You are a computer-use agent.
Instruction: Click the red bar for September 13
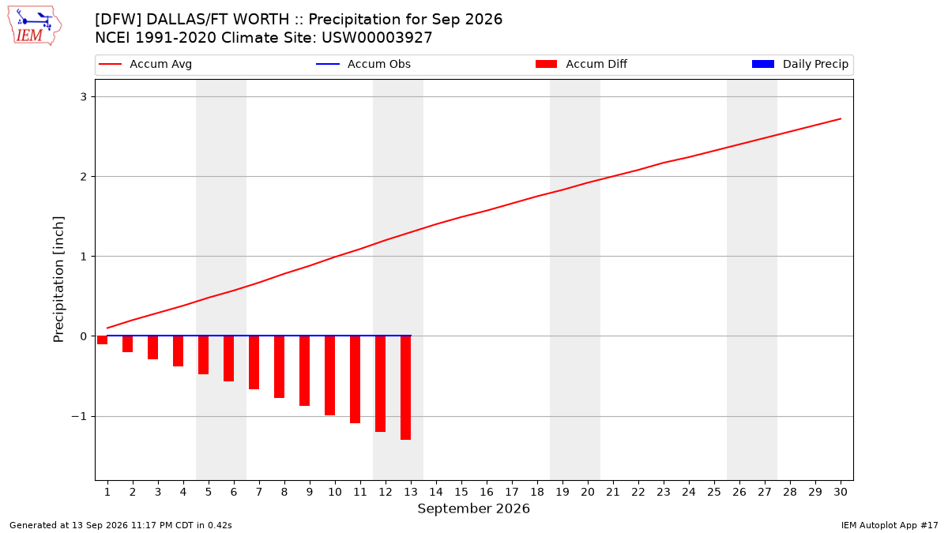click(405, 388)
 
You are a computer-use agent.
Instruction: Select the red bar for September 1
click(102, 340)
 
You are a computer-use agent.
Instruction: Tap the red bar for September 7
click(254, 362)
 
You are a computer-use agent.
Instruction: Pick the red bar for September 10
click(329, 376)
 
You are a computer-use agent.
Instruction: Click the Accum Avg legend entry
click(145, 64)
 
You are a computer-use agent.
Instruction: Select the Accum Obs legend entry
click(363, 64)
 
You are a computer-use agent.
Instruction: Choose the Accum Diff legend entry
click(581, 64)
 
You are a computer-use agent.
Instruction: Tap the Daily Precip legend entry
click(799, 64)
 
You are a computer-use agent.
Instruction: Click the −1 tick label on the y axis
click(79, 417)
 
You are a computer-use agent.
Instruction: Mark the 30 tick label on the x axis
click(841, 492)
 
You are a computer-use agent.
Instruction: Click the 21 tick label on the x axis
click(613, 492)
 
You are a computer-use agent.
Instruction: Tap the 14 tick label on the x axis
click(436, 492)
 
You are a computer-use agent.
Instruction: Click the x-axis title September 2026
click(473, 509)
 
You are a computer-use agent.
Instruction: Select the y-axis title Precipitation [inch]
click(58, 280)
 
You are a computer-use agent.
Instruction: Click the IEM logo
click(34, 26)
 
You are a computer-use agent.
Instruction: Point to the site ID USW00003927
click(377, 38)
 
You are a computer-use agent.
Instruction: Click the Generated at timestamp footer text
click(121, 525)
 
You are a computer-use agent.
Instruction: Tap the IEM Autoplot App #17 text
click(890, 525)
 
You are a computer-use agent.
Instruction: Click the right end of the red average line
click(841, 119)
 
